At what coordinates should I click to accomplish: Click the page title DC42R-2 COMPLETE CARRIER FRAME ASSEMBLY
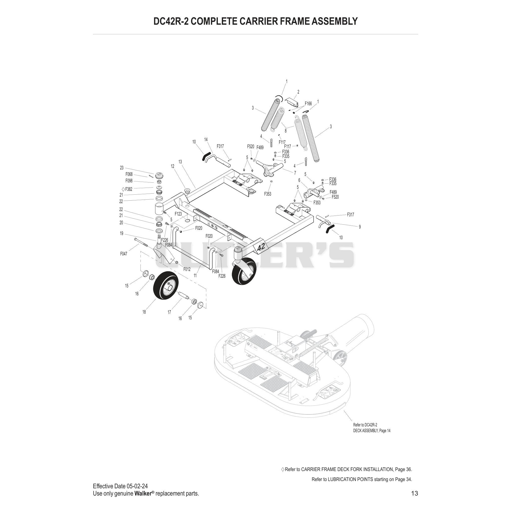(x=255, y=21)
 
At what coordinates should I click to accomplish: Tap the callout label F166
(x=308, y=104)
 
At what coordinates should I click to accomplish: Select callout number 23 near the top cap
(x=122, y=168)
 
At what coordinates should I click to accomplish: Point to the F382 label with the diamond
(x=127, y=189)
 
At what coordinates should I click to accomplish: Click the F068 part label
(x=129, y=174)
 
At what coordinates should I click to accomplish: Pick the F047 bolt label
(x=124, y=254)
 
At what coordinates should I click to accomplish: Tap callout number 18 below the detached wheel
(x=144, y=312)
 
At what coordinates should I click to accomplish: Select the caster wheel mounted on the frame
(x=244, y=271)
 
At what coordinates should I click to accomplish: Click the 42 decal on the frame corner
(x=261, y=248)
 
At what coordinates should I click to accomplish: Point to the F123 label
(x=178, y=214)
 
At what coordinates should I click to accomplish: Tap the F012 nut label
(x=187, y=269)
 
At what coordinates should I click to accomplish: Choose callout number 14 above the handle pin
(x=206, y=139)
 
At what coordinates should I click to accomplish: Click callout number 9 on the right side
(x=360, y=227)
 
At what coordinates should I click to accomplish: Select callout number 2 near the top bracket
(x=298, y=92)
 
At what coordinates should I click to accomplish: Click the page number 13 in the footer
(x=414, y=493)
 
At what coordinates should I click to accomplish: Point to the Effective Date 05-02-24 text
(x=120, y=486)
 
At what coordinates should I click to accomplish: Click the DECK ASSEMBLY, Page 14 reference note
(x=372, y=431)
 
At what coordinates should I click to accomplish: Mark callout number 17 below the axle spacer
(x=169, y=312)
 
